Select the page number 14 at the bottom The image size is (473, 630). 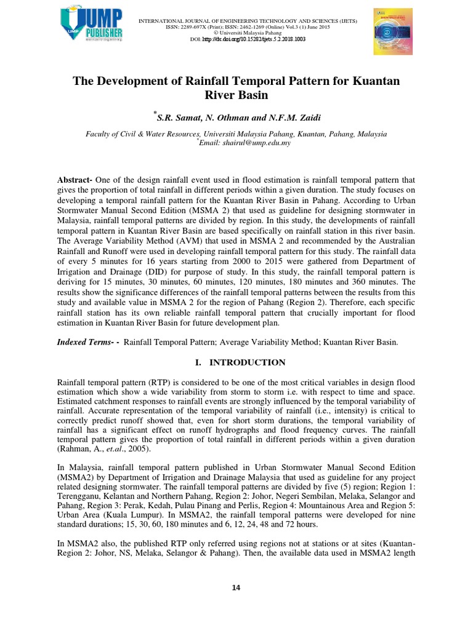tap(236, 588)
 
